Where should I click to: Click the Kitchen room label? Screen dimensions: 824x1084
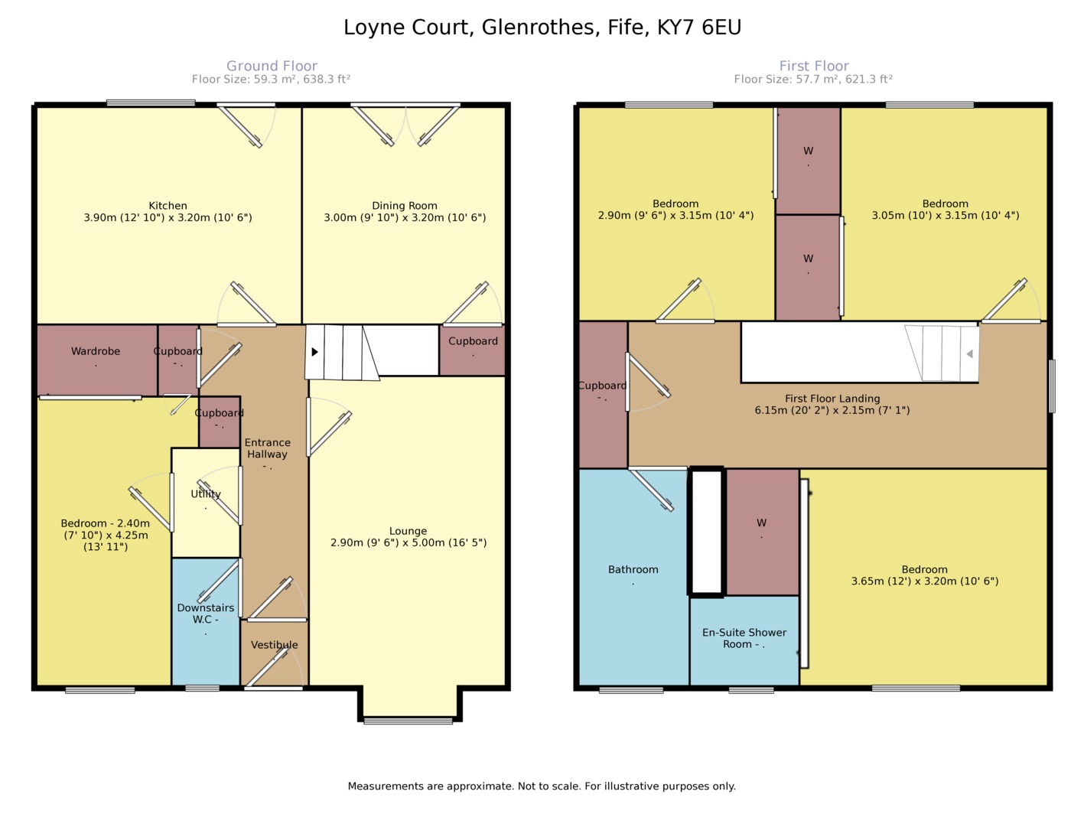(168, 206)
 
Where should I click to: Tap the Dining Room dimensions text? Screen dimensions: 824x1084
(405, 218)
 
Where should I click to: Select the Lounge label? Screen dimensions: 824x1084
(408, 531)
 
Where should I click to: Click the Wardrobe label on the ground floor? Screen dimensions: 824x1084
(96, 352)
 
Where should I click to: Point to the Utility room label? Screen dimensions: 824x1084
(206, 494)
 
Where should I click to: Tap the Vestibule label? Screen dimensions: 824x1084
(275, 645)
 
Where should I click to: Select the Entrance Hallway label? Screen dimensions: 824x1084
(268, 448)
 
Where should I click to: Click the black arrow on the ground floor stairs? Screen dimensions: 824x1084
(314, 352)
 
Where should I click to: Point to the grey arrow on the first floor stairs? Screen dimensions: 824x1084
(969, 354)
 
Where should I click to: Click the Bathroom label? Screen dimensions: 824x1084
(633, 570)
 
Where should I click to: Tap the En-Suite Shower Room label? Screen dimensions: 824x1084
(744, 638)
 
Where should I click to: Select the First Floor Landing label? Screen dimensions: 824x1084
(832, 399)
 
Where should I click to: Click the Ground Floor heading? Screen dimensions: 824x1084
(272, 66)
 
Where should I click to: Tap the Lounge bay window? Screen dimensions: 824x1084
(408, 720)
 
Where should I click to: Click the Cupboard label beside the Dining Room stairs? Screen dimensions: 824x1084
(473, 341)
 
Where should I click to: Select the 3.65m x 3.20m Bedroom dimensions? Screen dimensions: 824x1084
(924, 581)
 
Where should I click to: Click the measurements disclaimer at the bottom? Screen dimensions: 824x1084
(542, 787)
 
